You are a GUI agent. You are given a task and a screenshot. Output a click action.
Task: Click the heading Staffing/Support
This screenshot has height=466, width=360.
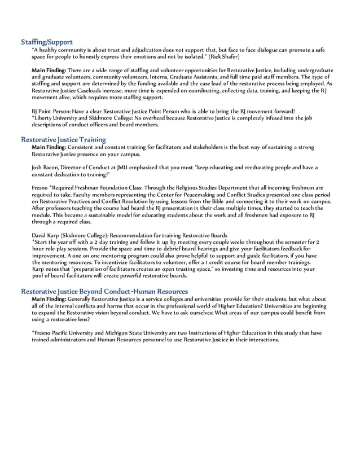click(47, 42)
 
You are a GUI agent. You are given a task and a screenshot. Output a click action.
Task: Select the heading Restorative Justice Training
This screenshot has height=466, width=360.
click(63, 139)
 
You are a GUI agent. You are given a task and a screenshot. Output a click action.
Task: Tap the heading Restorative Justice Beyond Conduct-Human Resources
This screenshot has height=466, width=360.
click(104, 291)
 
